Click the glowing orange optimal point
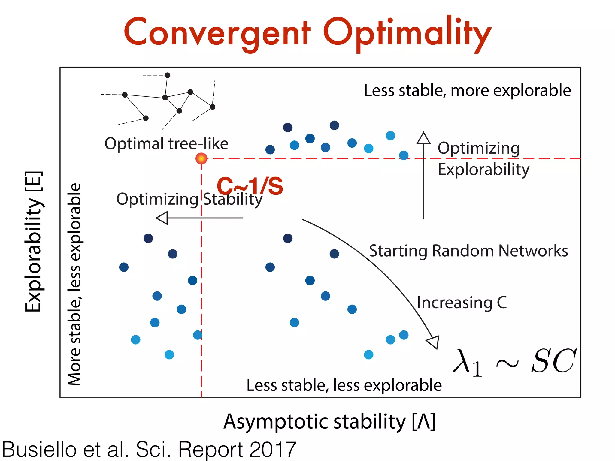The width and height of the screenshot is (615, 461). [201, 158]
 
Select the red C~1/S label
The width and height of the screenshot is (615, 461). [250, 186]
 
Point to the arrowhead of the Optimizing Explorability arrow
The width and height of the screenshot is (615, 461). [423, 138]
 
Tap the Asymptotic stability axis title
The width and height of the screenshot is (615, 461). [329, 422]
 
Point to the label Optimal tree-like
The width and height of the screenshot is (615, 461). [166, 143]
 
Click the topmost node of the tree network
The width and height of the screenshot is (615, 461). [168, 75]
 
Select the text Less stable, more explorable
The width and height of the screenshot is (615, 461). [467, 90]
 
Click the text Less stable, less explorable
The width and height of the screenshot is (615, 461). [344, 385]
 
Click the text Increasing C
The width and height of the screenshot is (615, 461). [462, 302]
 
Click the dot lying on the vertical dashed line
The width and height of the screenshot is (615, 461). [198, 335]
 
